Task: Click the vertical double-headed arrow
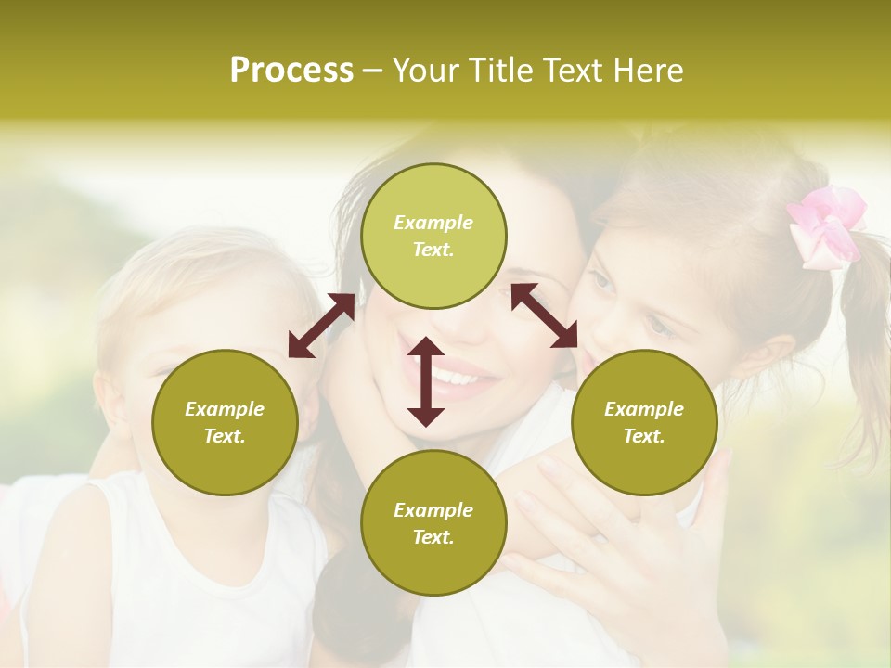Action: tap(426, 381)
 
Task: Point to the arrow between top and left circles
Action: tap(321, 326)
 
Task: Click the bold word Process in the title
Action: tap(291, 70)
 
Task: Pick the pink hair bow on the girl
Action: tap(825, 225)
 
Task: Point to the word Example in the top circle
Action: tap(433, 223)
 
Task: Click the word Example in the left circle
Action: tap(225, 409)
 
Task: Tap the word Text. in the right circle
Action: tap(644, 436)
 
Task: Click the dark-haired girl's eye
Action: tap(604, 280)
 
